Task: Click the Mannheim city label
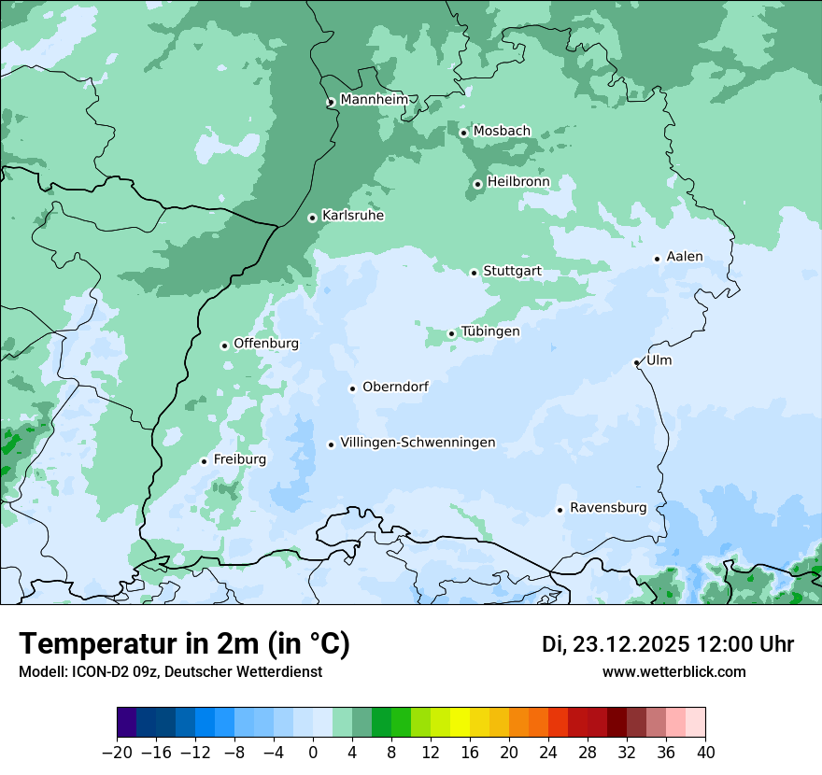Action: click(x=374, y=99)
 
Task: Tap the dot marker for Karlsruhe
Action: click(x=313, y=218)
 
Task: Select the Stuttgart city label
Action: click(x=512, y=271)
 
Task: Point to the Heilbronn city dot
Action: click(x=477, y=184)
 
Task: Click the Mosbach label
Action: click(x=502, y=132)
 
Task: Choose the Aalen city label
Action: click(x=685, y=257)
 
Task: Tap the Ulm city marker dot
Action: click(x=636, y=362)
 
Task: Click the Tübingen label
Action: click(x=490, y=331)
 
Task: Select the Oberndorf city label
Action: click(x=395, y=387)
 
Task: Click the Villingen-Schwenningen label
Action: click(x=418, y=443)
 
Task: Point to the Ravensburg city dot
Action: click(x=560, y=510)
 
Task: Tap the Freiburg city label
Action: click(x=240, y=459)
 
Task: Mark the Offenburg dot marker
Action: click(x=224, y=345)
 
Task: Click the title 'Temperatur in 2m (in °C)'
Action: click(x=184, y=644)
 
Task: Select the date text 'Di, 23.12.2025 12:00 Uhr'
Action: click(x=668, y=644)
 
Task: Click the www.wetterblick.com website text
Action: click(x=673, y=671)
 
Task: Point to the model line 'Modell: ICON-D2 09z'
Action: click(x=170, y=671)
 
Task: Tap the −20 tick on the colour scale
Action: click(x=117, y=753)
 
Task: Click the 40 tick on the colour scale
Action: click(x=705, y=753)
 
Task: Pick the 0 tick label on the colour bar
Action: click(x=313, y=753)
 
